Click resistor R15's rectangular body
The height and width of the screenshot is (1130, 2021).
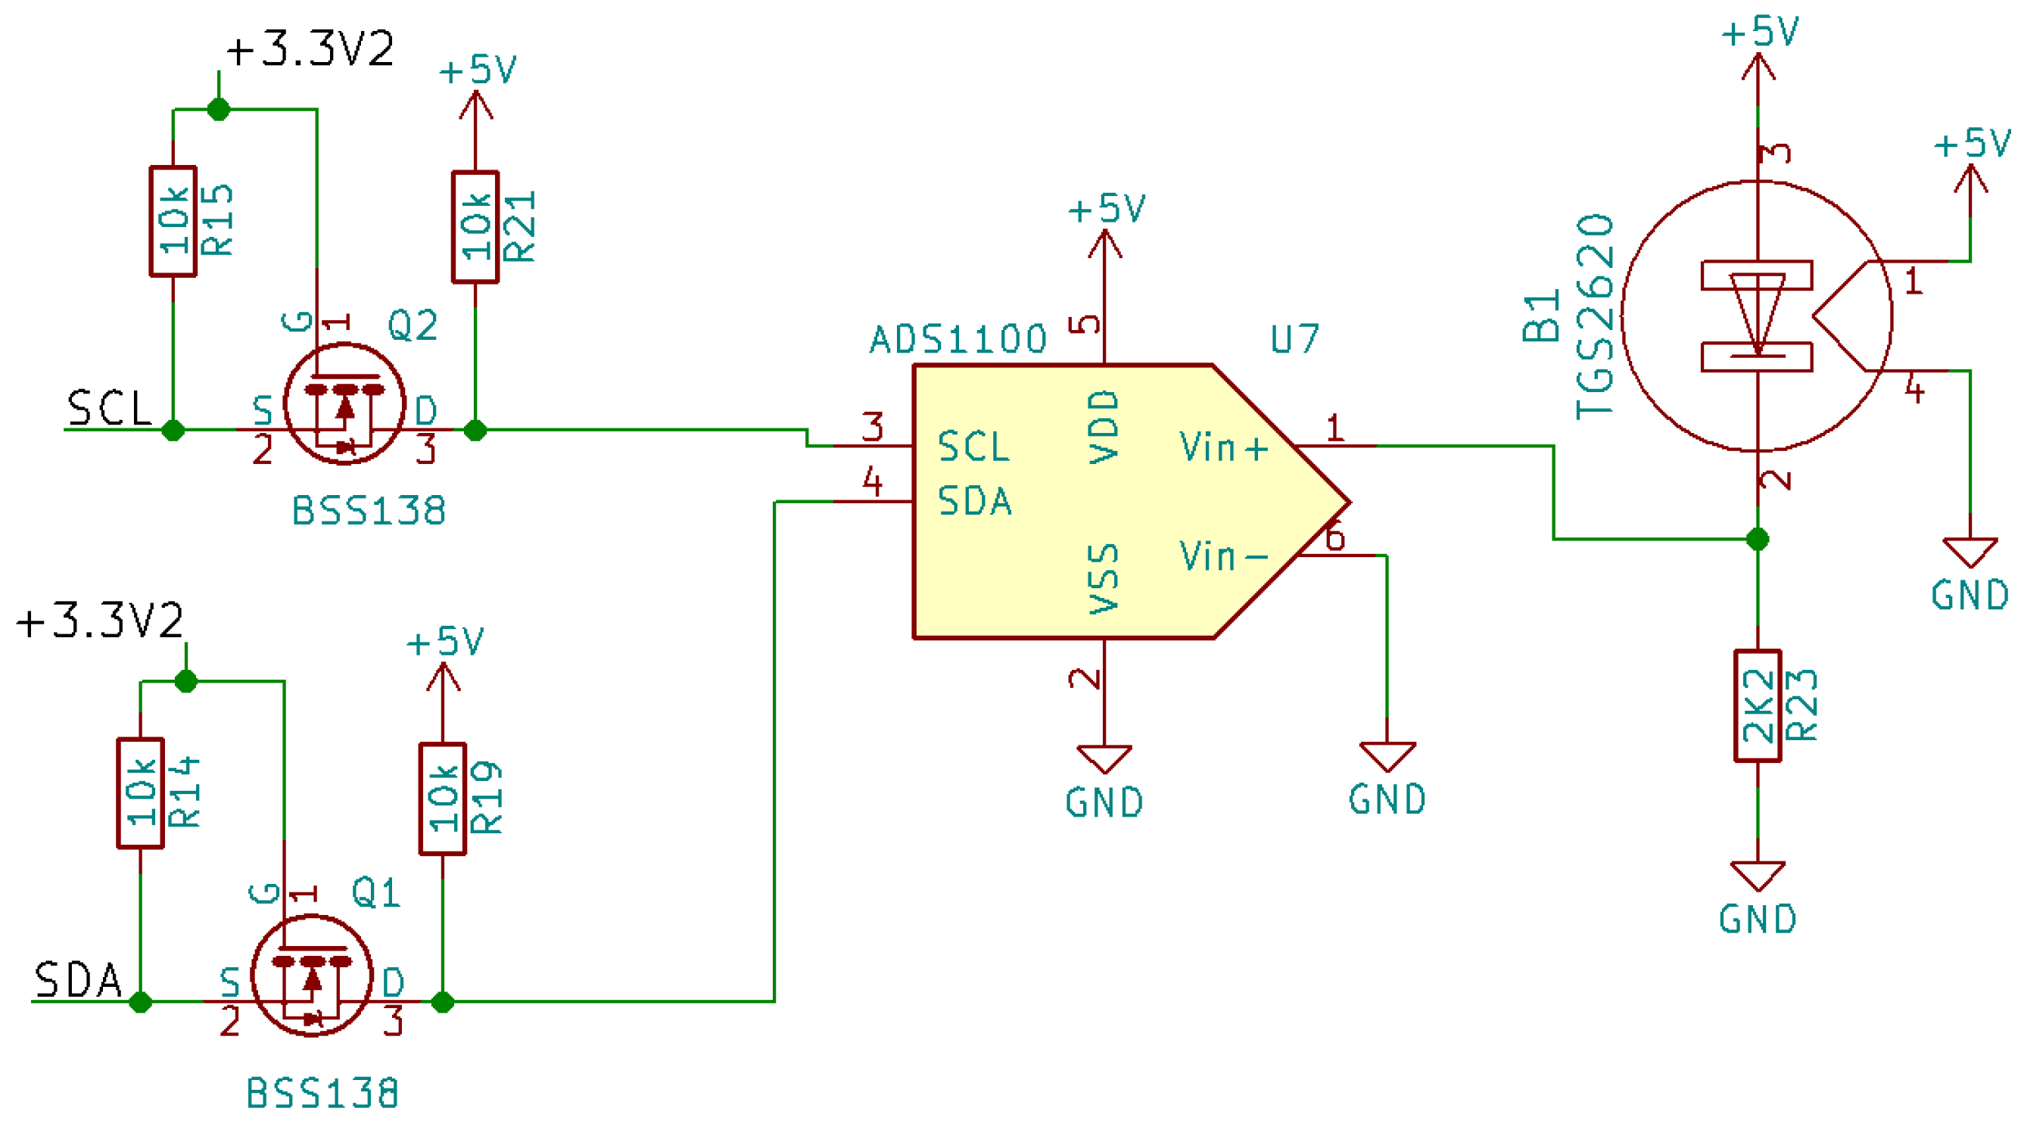point(173,221)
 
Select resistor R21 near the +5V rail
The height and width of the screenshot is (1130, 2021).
point(475,227)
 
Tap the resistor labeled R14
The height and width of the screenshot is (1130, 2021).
point(141,793)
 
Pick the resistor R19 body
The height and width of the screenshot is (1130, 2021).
point(443,798)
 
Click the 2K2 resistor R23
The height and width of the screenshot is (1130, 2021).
point(1758,705)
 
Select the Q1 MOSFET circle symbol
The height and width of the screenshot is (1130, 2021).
point(311,976)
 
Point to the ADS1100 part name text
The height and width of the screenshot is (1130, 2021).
point(958,340)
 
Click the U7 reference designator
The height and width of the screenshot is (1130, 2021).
point(1294,340)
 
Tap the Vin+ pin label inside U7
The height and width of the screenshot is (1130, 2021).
point(1223,447)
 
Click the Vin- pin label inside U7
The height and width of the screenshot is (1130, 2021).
point(1223,556)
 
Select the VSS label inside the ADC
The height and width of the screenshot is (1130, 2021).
point(1104,578)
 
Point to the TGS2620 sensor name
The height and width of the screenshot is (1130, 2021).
point(1595,316)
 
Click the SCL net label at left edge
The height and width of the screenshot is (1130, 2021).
point(110,409)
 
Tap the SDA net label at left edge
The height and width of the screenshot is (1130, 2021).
point(79,980)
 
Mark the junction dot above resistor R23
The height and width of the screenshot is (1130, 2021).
point(1758,539)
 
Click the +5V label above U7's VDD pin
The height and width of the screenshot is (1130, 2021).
point(1106,210)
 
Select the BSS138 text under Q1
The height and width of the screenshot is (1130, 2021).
point(322,1093)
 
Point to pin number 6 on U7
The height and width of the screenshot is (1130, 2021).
point(1334,538)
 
